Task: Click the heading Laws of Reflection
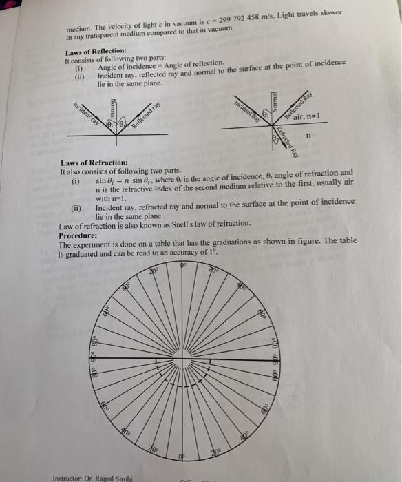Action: click(x=96, y=52)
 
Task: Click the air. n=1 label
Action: click(x=306, y=118)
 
